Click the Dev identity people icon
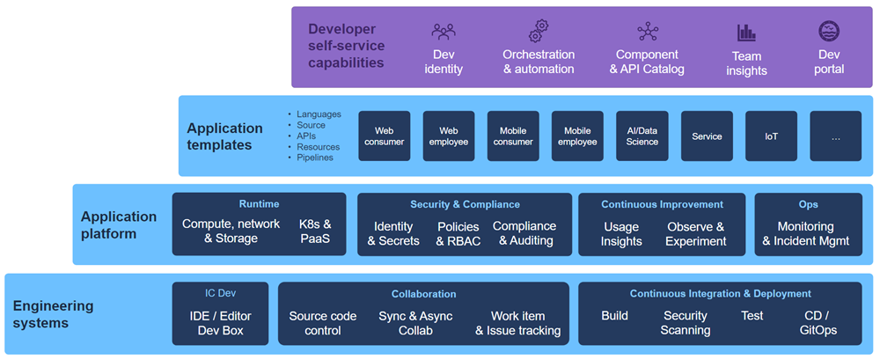click(444, 32)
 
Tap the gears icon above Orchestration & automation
click(539, 31)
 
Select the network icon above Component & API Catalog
click(648, 32)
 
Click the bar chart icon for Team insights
click(746, 33)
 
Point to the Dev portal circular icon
click(829, 32)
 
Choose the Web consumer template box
click(384, 136)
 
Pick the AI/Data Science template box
click(642, 136)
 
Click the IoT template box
click(771, 136)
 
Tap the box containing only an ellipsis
click(835, 136)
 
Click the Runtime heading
click(259, 204)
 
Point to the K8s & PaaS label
click(315, 231)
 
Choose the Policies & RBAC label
click(458, 233)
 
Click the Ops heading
click(808, 204)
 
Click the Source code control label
click(323, 323)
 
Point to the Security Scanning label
click(685, 323)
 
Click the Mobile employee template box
click(577, 136)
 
